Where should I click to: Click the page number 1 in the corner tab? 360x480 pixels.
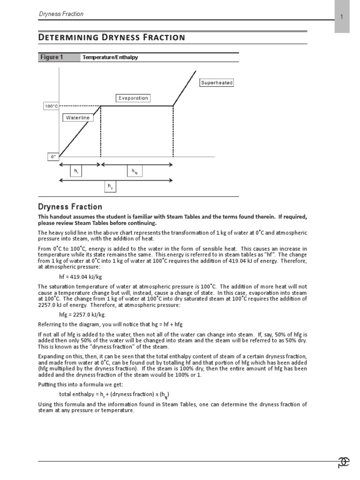(x=342, y=17)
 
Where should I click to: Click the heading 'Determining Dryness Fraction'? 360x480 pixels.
(x=111, y=37)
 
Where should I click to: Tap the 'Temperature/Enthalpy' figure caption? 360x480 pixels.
(x=110, y=58)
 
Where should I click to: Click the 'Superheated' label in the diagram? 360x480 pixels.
(x=217, y=83)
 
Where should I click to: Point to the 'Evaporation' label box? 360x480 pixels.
(x=133, y=98)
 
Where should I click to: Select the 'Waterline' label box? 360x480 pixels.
(x=77, y=118)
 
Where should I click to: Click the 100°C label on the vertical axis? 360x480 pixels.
(x=51, y=106)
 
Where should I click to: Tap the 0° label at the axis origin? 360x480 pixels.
(x=53, y=157)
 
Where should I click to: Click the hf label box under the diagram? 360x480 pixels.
(x=76, y=172)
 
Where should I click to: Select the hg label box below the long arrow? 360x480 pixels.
(x=110, y=187)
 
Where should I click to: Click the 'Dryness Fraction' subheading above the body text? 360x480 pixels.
(x=70, y=207)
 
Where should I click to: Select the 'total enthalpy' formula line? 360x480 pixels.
(x=114, y=393)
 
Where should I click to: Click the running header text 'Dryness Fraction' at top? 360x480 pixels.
(x=61, y=14)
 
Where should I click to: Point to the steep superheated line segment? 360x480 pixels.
(x=185, y=88)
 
